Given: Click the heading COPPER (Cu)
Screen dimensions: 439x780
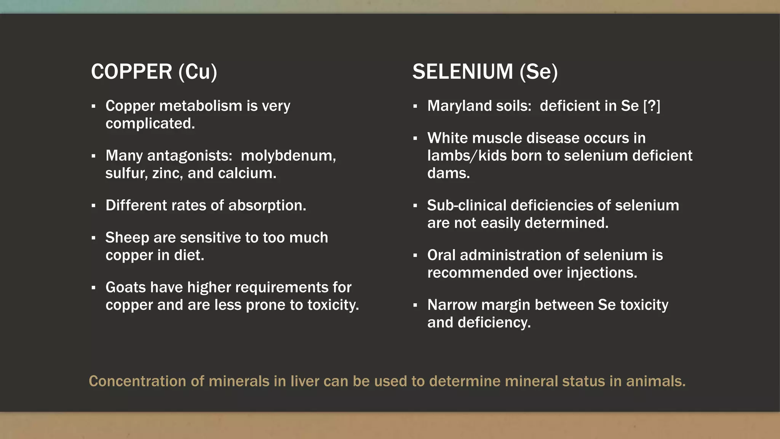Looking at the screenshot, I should tap(154, 72).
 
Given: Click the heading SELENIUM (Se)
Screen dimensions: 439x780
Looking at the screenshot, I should tap(485, 72).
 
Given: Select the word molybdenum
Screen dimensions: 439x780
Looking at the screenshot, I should tap(288, 155).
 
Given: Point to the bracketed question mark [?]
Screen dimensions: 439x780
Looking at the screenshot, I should tap(652, 106).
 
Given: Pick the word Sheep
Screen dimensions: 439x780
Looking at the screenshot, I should tap(127, 238).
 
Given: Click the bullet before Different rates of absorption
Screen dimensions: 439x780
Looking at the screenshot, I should tap(93, 206).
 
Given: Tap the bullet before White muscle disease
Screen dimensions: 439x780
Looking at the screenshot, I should tap(415, 138).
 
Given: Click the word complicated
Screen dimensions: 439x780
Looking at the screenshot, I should tap(150, 123).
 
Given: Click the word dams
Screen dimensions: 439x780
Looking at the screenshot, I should tap(448, 173).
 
